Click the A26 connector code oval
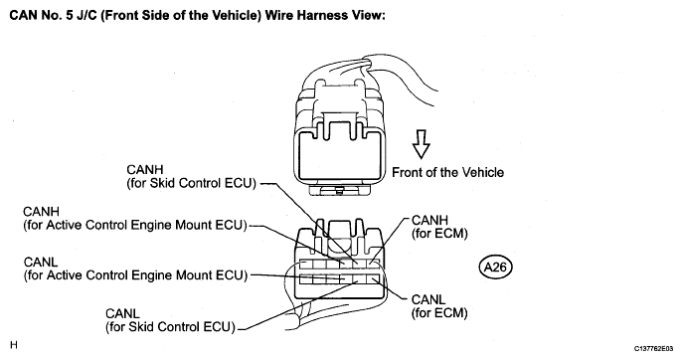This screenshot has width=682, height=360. [x=495, y=267]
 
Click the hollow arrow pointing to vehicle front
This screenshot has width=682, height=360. [x=422, y=143]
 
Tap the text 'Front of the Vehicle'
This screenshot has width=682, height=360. [x=447, y=172]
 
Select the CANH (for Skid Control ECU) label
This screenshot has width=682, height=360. [x=191, y=176]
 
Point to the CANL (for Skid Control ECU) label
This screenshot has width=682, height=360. [x=170, y=320]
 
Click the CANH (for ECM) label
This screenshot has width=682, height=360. [x=439, y=227]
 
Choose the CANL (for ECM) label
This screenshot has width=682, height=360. [x=439, y=306]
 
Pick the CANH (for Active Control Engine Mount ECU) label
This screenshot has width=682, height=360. [x=135, y=219]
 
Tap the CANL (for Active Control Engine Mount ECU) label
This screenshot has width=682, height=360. [x=135, y=270]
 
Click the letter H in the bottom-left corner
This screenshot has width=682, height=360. [x=14, y=345]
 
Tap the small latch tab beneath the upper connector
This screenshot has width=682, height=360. [x=338, y=189]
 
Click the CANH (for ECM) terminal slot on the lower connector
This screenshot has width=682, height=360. [x=372, y=264]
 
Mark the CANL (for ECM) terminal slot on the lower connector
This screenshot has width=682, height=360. [x=372, y=279]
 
